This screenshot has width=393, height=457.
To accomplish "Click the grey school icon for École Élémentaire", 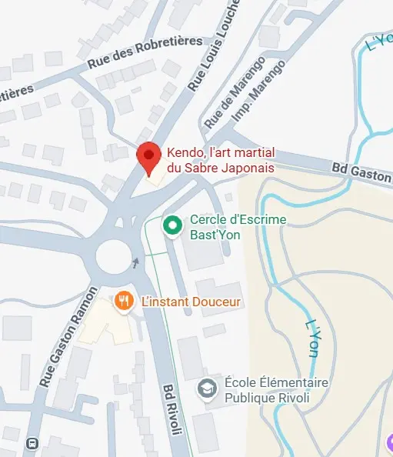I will [207, 389].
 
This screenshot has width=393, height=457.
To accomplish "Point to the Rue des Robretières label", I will [145, 52].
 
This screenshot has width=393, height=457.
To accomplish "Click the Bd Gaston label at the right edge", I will [361, 172].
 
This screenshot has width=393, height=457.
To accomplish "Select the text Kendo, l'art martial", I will [221, 153].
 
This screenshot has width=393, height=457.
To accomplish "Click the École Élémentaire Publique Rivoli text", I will [276, 390].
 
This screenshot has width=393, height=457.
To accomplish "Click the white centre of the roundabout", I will [114, 255].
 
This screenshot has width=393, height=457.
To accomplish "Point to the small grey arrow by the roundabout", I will [136, 263].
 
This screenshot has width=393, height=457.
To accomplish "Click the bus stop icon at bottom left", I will [32, 443].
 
